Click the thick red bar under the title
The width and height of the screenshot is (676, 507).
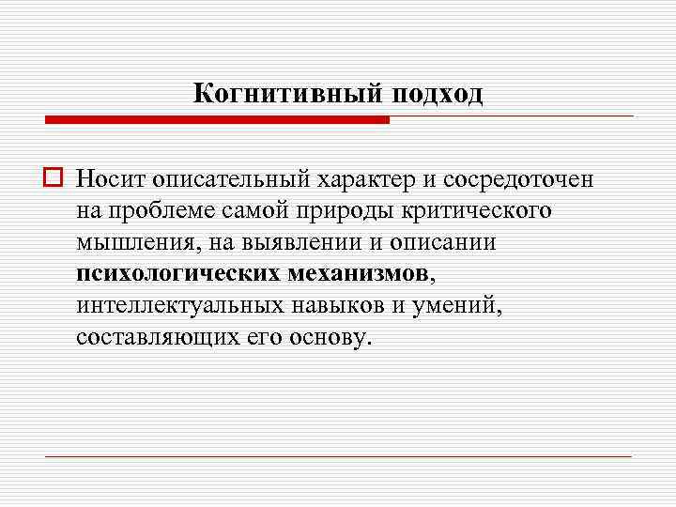tap(217, 120)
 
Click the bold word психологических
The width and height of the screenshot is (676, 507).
tap(178, 274)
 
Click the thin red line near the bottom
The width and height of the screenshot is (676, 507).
tap(338, 456)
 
